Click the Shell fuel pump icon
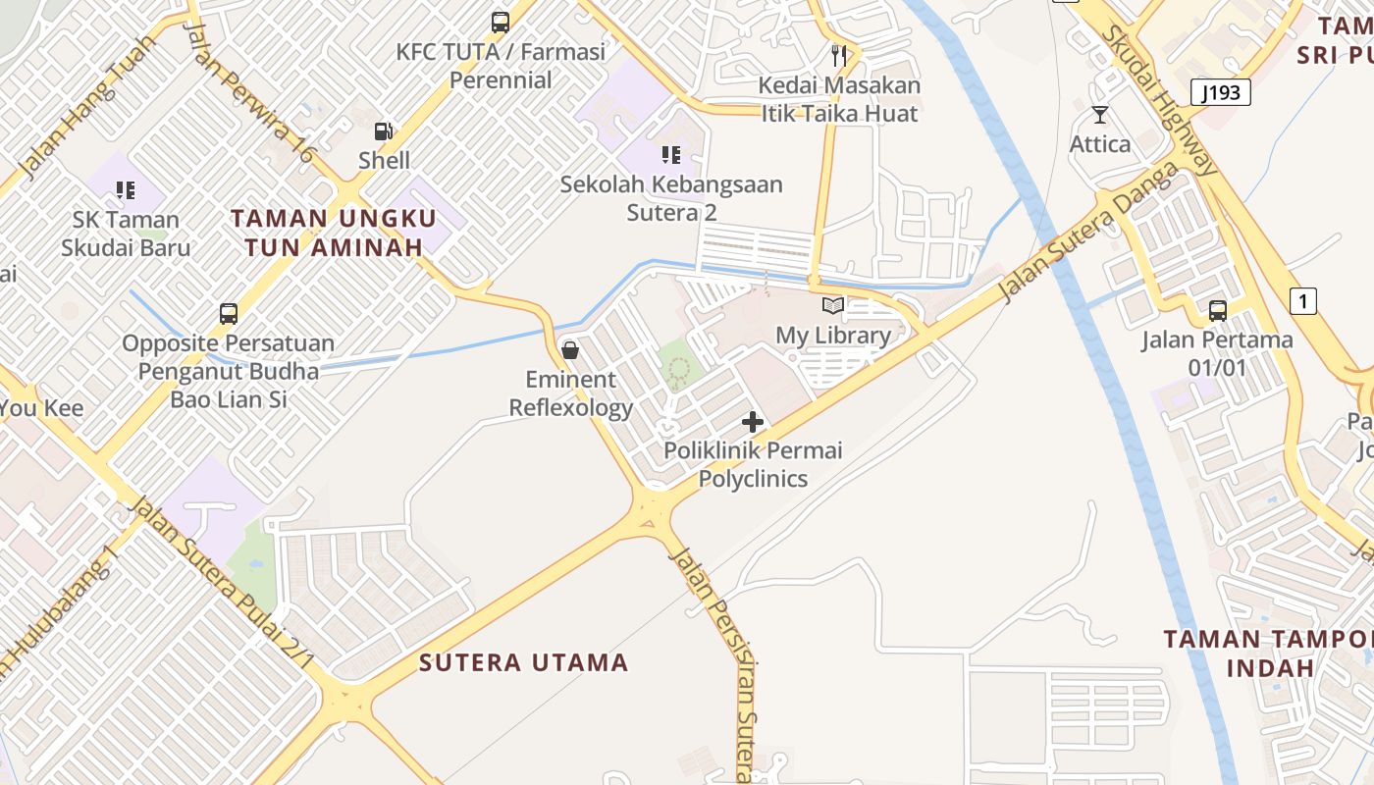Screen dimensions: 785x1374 (384, 131)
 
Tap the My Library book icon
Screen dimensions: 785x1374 (833, 306)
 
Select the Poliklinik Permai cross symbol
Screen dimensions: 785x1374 (753, 422)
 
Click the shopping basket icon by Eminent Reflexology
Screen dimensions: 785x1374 (569, 350)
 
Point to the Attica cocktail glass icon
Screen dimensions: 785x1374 (1100, 116)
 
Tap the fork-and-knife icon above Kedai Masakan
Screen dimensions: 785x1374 (839, 55)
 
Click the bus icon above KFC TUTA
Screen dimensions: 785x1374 (501, 22)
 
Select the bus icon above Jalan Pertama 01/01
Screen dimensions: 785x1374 (1218, 311)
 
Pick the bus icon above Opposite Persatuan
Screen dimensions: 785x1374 (229, 314)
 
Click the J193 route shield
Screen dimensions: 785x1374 (1222, 93)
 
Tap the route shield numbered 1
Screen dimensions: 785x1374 (1302, 301)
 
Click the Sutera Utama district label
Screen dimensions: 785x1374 (524, 662)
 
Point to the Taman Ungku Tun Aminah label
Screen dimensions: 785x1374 (334, 233)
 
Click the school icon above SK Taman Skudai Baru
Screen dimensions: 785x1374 (125, 189)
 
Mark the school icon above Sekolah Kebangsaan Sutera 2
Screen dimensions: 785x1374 (671, 154)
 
